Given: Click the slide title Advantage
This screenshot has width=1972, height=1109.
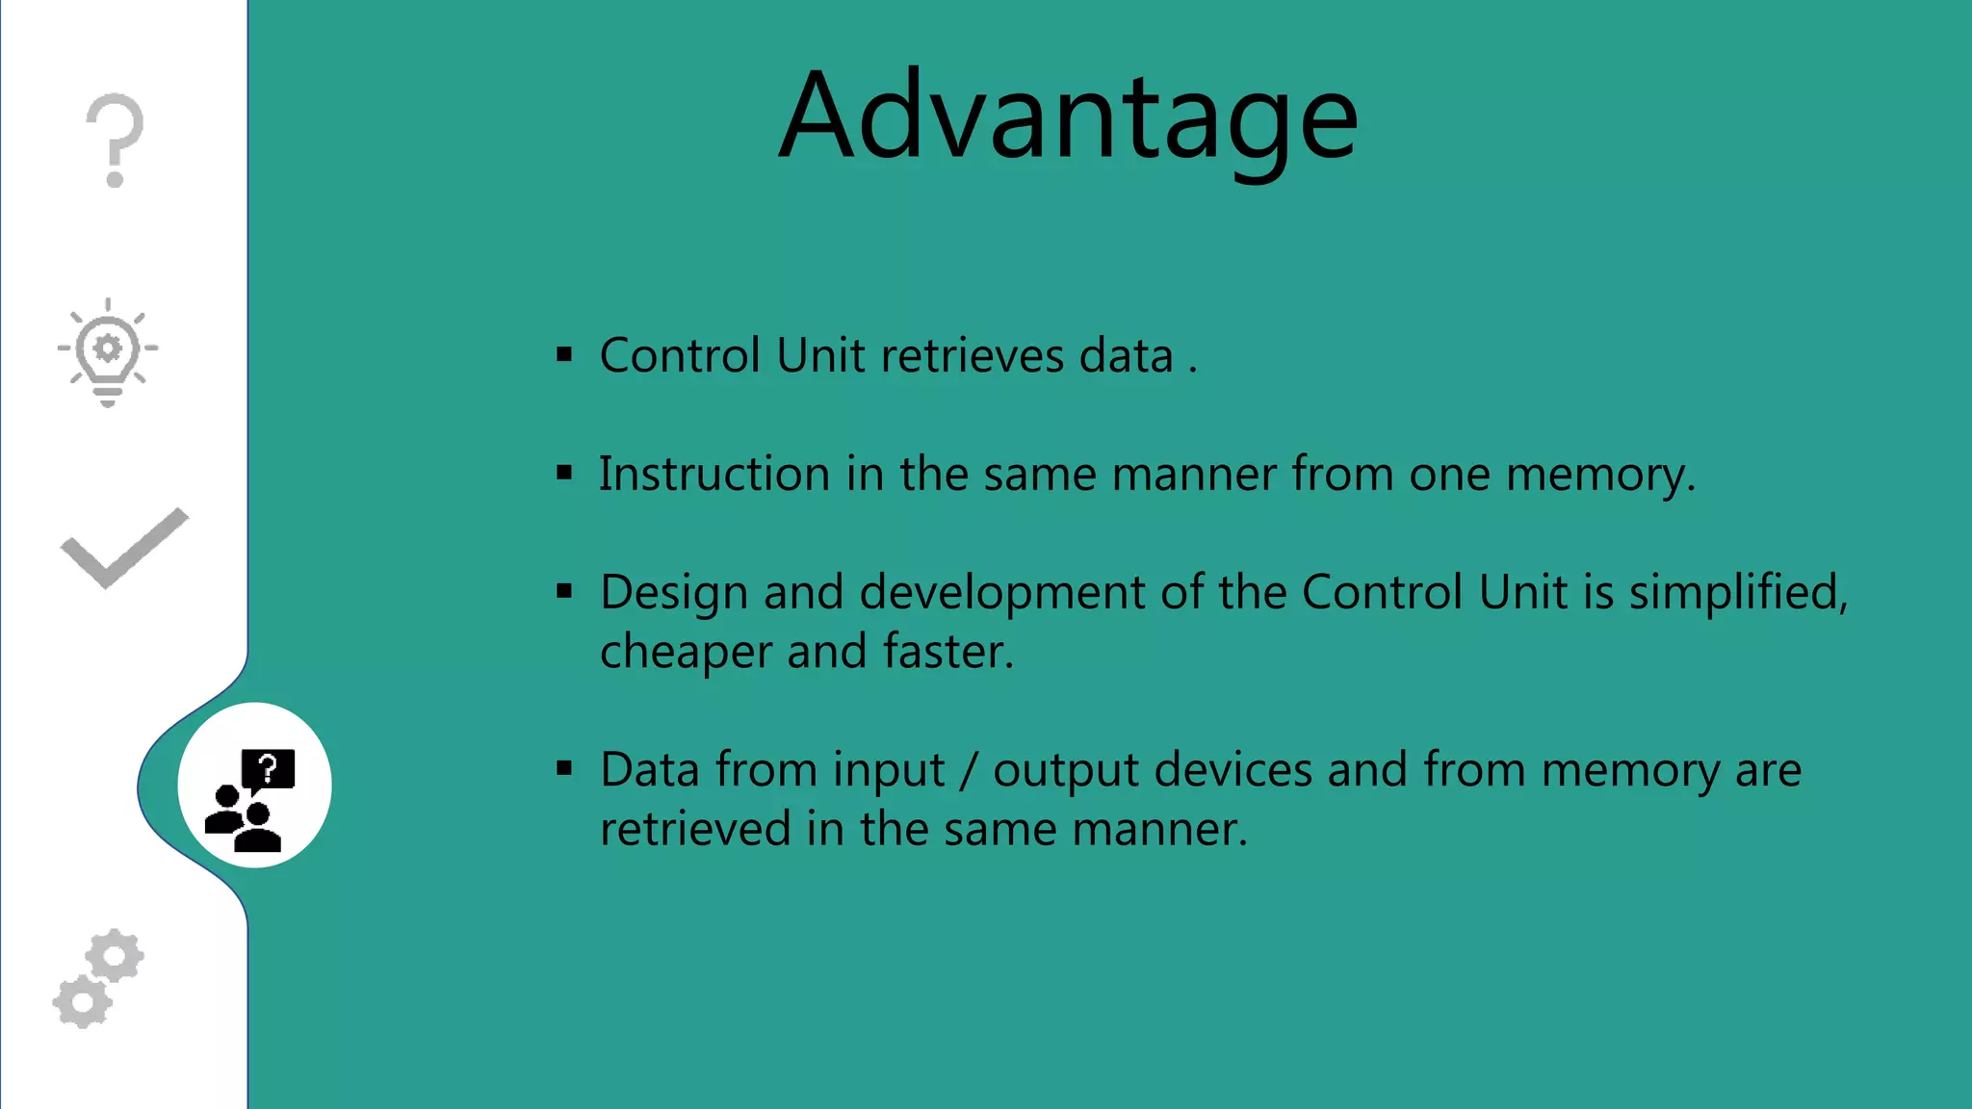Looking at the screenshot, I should pyautogui.click(x=1068, y=116).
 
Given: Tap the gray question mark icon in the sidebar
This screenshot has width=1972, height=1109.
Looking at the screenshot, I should pyautogui.click(x=115, y=140).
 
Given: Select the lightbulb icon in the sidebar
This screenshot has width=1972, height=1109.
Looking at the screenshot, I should pyautogui.click(x=108, y=352).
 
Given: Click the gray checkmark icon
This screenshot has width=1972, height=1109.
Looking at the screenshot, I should pyautogui.click(x=124, y=548).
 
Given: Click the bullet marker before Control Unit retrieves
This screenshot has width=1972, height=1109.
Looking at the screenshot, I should pyautogui.click(x=564, y=355).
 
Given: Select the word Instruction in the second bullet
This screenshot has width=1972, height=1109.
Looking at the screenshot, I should pyautogui.click(x=714, y=474).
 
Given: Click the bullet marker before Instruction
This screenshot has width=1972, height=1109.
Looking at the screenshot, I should pyautogui.click(x=564, y=474).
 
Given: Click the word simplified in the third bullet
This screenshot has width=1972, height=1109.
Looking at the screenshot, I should pyautogui.click(x=1735, y=591).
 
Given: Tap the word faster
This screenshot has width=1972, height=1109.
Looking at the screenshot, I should pyautogui.click(x=946, y=652).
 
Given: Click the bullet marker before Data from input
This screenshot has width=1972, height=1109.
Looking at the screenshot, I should pyautogui.click(x=564, y=769).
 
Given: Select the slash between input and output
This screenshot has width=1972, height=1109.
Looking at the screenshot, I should pyautogui.click(x=969, y=771).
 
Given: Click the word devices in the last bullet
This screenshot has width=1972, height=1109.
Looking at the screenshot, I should pyautogui.click(x=1232, y=770).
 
